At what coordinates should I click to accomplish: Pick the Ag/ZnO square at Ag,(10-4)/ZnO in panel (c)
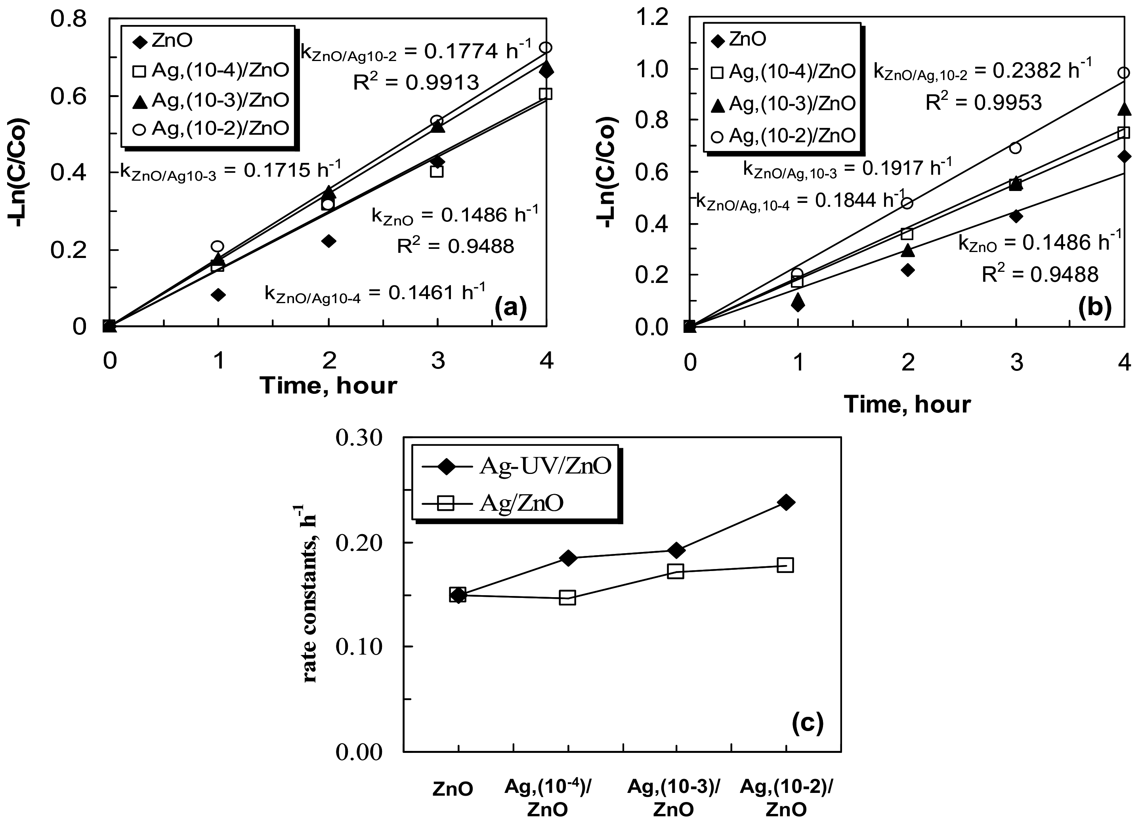pyautogui.click(x=567, y=598)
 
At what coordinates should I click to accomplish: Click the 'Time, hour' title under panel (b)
pyautogui.click(x=907, y=405)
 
